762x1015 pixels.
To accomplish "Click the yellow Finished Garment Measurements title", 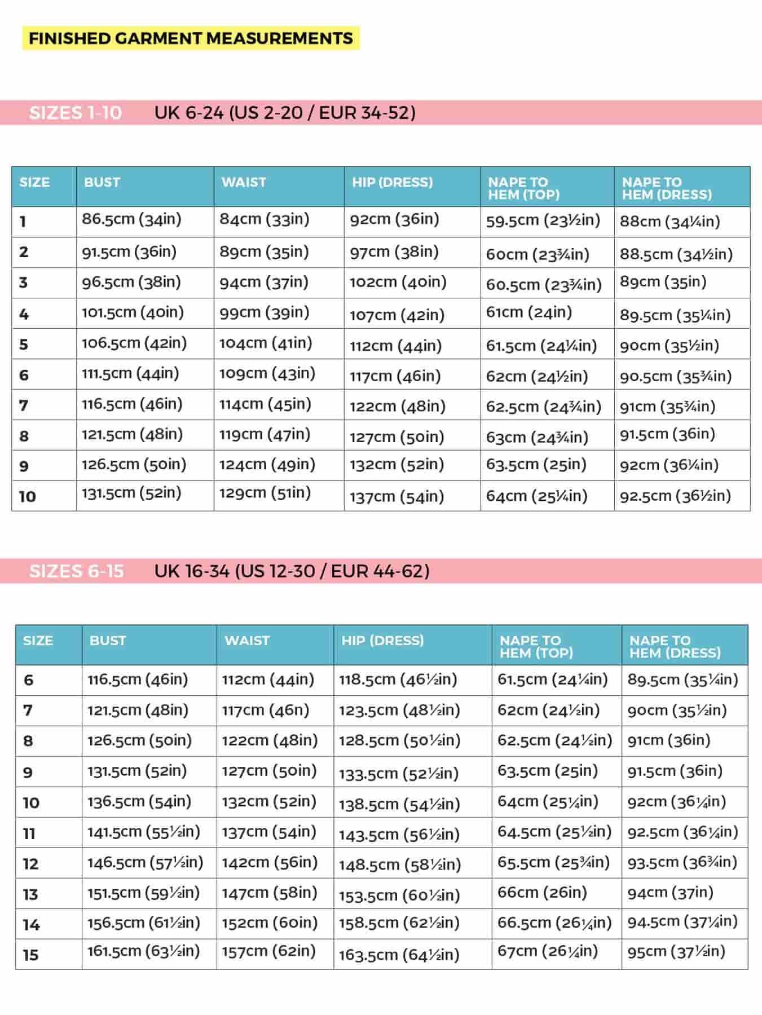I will tap(191, 38).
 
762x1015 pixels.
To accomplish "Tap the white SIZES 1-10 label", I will tap(75, 113).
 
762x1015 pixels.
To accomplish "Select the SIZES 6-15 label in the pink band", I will tap(76, 571).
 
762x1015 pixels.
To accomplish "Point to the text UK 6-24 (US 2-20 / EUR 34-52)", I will tap(285, 113).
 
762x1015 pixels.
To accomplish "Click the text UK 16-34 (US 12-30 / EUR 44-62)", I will tap(292, 571).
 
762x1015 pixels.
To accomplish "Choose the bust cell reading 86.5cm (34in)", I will tap(131, 219).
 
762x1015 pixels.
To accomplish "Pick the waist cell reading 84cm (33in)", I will tap(264, 219).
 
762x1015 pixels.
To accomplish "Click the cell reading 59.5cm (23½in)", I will tap(543, 220).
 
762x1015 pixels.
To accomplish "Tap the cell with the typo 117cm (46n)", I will tap(265, 710).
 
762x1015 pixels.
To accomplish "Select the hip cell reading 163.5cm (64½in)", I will tap(399, 955).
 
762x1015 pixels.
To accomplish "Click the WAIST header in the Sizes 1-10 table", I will tap(244, 182).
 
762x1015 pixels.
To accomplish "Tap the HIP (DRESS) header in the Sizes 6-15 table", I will tap(382, 641).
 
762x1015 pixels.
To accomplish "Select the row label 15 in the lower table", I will tap(30, 955).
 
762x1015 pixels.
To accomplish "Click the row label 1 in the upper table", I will tap(23, 221).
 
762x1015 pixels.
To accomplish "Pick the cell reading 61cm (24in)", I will tap(528, 312).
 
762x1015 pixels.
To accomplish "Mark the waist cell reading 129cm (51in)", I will tap(265, 493).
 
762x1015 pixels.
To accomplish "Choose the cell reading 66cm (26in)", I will tap(541, 893).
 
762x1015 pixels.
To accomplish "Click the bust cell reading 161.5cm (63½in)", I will tap(143, 951).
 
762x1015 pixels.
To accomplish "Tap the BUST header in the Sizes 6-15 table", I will tap(107, 641).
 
